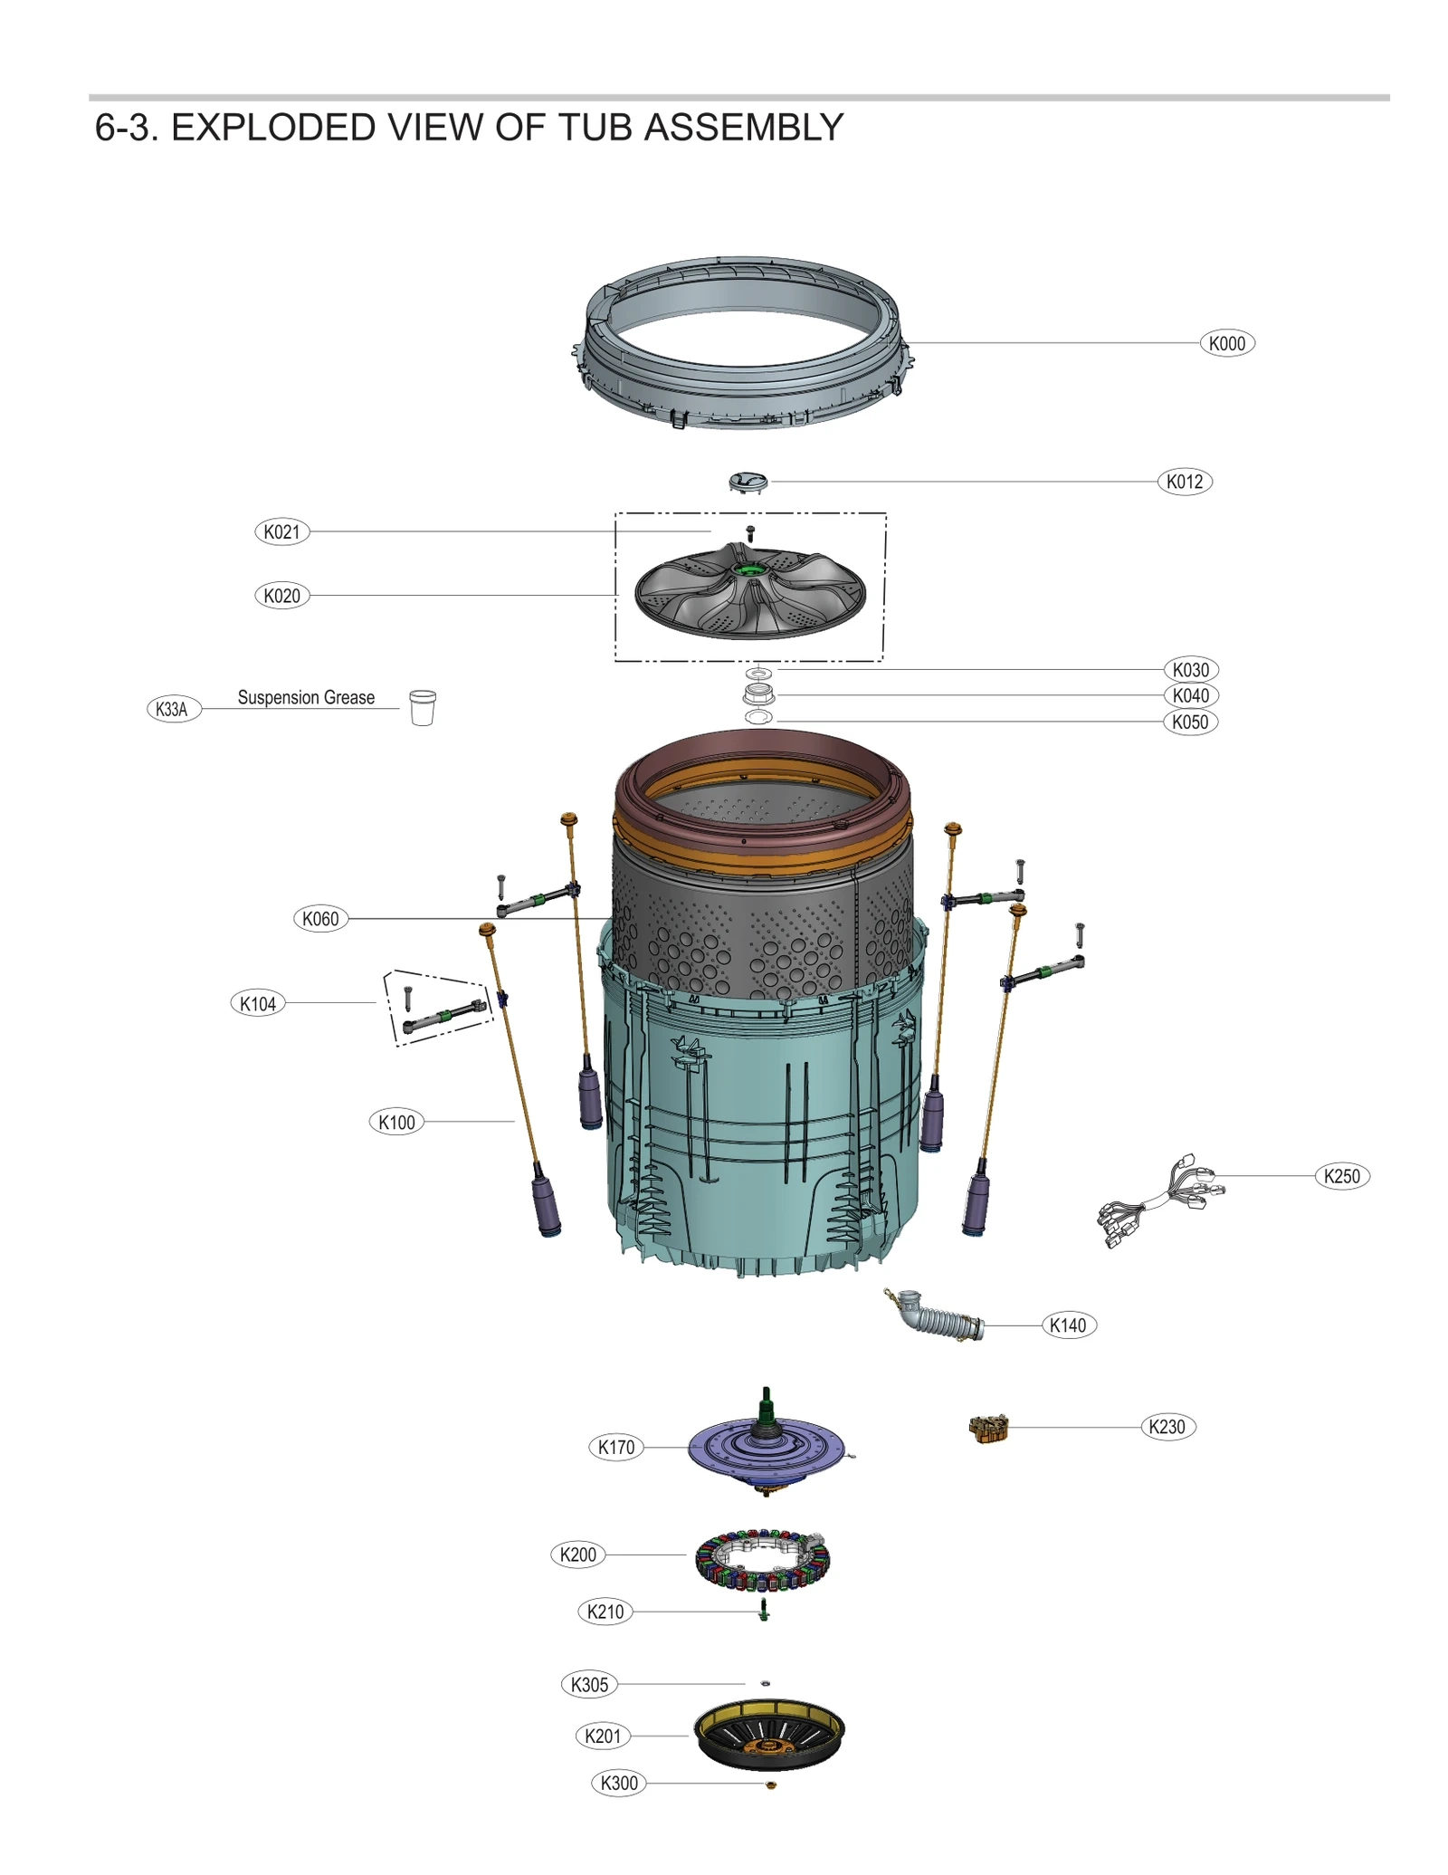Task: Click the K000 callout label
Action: tap(1226, 343)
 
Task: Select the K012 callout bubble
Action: tap(1184, 482)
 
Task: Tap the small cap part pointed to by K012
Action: tap(748, 482)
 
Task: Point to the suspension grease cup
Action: tap(423, 707)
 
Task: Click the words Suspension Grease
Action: tap(306, 697)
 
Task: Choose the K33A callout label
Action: tap(172, 709)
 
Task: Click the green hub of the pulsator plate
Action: tap(748, 569)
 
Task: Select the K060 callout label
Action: tap(320, 919)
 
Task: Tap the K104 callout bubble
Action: tap(258, 1003)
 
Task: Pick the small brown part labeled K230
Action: tap(988, 1430)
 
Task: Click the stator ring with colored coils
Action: tap(762, 1559)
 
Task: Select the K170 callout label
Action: tap(616, 1447)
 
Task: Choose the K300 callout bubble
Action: tap(619, 1783)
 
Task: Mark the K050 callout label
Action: tap(1189, 722)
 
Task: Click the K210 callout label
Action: tap(605, 1612)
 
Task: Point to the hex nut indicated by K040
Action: tap(758, 694)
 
